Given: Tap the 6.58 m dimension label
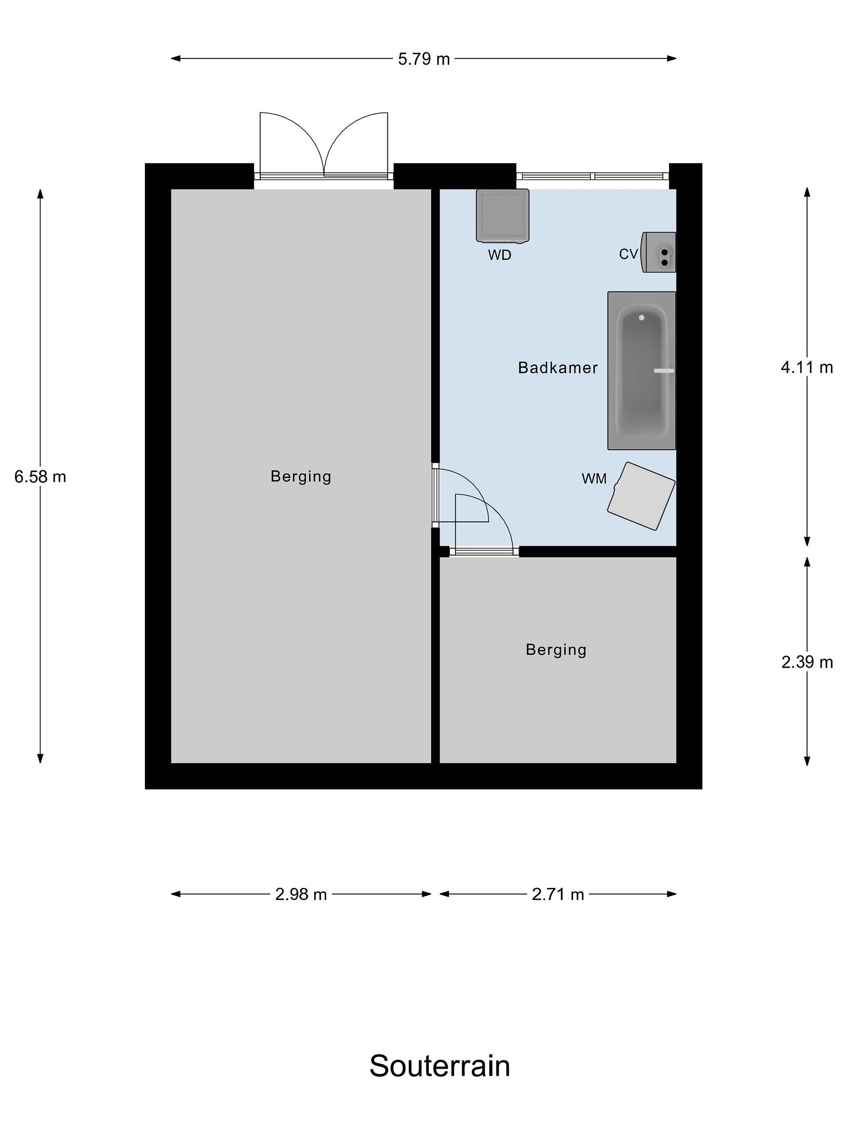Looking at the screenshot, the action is click(x=40, y=477).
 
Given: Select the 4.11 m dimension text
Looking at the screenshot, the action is click(x=807, y=367).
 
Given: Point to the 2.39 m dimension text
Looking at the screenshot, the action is click(x=807, y=662).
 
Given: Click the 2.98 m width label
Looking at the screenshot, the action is click(x=301, y=894).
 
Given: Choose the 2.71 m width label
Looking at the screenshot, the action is click(x=558, y=894).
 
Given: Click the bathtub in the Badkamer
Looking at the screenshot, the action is click(x=641, y=370).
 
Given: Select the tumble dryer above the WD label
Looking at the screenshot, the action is click(x=502, y=215).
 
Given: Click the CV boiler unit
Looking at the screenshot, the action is click(x=659, y=252).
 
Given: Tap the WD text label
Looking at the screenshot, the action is click(x=499, y=255).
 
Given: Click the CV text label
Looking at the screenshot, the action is click(x=629, y=254).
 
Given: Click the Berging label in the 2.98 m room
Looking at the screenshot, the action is click(x=301, y=476).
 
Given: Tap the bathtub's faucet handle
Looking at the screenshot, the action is click(x=664, y=370).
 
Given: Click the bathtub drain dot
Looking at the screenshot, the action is click(x=641, y=318).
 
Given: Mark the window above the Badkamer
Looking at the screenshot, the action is click(x=592, y=176).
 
